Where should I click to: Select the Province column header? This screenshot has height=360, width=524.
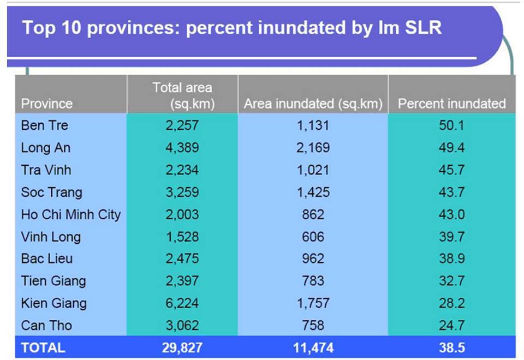click(x=46, y=104)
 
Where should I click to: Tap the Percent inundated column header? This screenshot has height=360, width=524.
click(x=451, y=104)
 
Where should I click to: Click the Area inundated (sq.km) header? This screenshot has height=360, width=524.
click(x=313, y=104)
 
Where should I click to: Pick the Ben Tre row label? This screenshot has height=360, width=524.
click(x=45, y=125)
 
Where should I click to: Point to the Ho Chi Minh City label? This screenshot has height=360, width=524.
click(x=70, y=214)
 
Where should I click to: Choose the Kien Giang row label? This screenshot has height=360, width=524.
click(x=53, y=303)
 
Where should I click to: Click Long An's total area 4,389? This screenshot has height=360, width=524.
click(x=182, y=148)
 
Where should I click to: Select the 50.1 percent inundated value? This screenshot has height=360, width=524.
click(x=451, y=125)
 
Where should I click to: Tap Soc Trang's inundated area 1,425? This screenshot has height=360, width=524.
click(x=313, y=193)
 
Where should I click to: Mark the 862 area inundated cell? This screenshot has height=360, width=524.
click(x=313, y=214)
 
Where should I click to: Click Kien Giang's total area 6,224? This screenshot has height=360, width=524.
click(x=182, y=303)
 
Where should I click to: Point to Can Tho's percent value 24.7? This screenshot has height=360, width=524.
click(x=451, y=326)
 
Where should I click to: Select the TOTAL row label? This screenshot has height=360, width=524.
click(x=43, y=347)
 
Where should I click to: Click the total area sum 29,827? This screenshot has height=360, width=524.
click(x=182, y=347)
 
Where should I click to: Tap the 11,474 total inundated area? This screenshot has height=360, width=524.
click(x=313, y=347)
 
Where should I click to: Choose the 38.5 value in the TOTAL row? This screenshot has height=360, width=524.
click(x=451, y=347)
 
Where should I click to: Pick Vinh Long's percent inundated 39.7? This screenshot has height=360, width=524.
click(x=451, y=237)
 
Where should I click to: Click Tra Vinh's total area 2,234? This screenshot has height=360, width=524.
click(x=182, y=170)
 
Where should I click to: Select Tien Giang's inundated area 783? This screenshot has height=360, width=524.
click(x=313, y=281)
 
